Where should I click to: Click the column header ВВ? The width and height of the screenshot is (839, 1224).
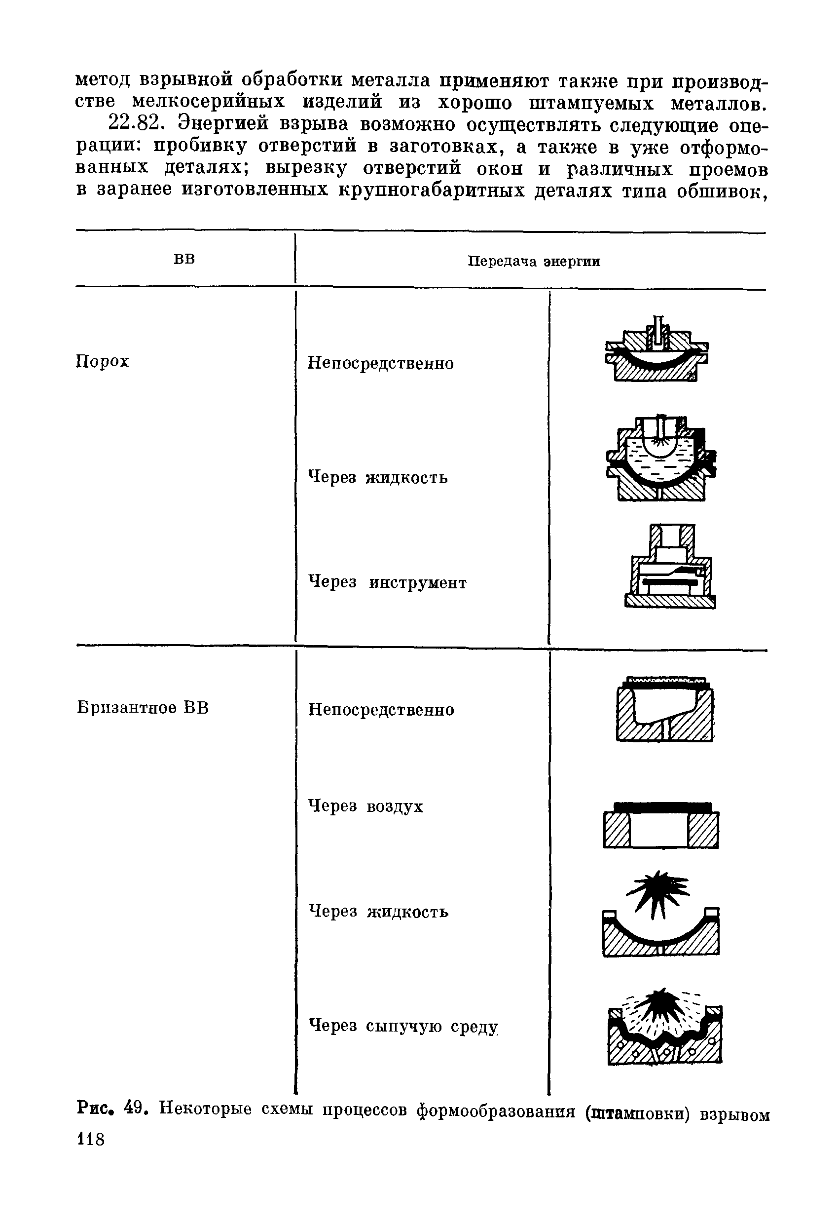point(184,260)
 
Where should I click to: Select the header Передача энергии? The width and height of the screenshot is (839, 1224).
point(534,262)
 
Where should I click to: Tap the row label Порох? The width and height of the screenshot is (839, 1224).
point(103,362)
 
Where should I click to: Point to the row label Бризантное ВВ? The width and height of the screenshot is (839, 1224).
point(143,707)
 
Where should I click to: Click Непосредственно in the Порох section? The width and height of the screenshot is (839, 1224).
point(380,363)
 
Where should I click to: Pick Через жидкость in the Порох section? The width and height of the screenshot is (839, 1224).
point(377,478)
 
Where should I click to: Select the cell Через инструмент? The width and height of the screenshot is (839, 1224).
point(387,582)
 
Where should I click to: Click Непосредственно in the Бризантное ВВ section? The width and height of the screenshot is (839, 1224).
point(381,709)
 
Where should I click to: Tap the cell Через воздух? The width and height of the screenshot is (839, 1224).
point(365,806)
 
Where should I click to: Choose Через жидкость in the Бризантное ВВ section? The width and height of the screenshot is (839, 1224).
point(378,911)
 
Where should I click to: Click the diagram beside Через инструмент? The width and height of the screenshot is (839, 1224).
point(670,567)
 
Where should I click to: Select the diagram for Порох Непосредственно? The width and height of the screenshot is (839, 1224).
point(657,350)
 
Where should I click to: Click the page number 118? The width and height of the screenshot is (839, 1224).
point(91,1140)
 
